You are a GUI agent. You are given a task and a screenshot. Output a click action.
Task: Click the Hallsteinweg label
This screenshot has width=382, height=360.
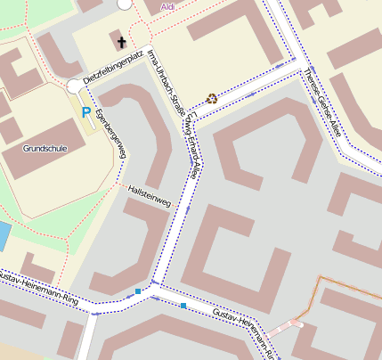click(149, 196)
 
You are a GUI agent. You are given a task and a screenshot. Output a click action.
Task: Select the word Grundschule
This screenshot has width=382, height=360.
click(28, 150)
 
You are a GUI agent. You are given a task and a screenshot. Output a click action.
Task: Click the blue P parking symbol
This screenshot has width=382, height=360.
click(86, 112)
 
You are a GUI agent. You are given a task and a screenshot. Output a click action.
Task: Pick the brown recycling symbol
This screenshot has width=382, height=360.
click(211, 98)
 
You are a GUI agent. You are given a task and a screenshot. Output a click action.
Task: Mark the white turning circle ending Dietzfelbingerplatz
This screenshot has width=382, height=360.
click(73, 86)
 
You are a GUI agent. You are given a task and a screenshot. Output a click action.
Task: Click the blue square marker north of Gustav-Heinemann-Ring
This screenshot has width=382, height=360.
click(138, 290)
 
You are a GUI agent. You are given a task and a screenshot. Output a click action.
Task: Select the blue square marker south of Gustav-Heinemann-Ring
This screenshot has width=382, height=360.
click(183, 306)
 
